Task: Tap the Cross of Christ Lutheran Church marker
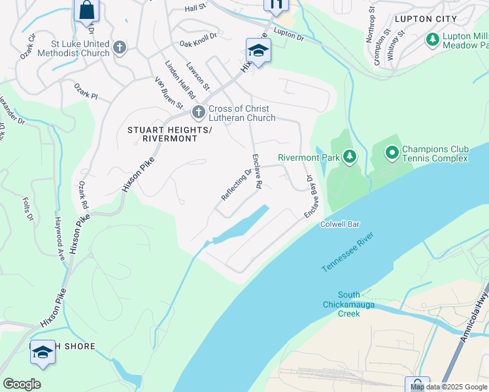(x=199, y=113)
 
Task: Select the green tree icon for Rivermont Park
(x=350, y=156)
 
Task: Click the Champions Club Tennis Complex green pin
(x=392, y=154)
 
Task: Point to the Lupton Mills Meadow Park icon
(x=432, y=40)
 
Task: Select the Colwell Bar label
(x=339, y=224)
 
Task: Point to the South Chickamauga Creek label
(x=341, y=304)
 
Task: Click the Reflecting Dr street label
(x=236, y=185)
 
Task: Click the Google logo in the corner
(x=22, y=384)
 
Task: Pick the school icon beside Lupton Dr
(x=258, y=50)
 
